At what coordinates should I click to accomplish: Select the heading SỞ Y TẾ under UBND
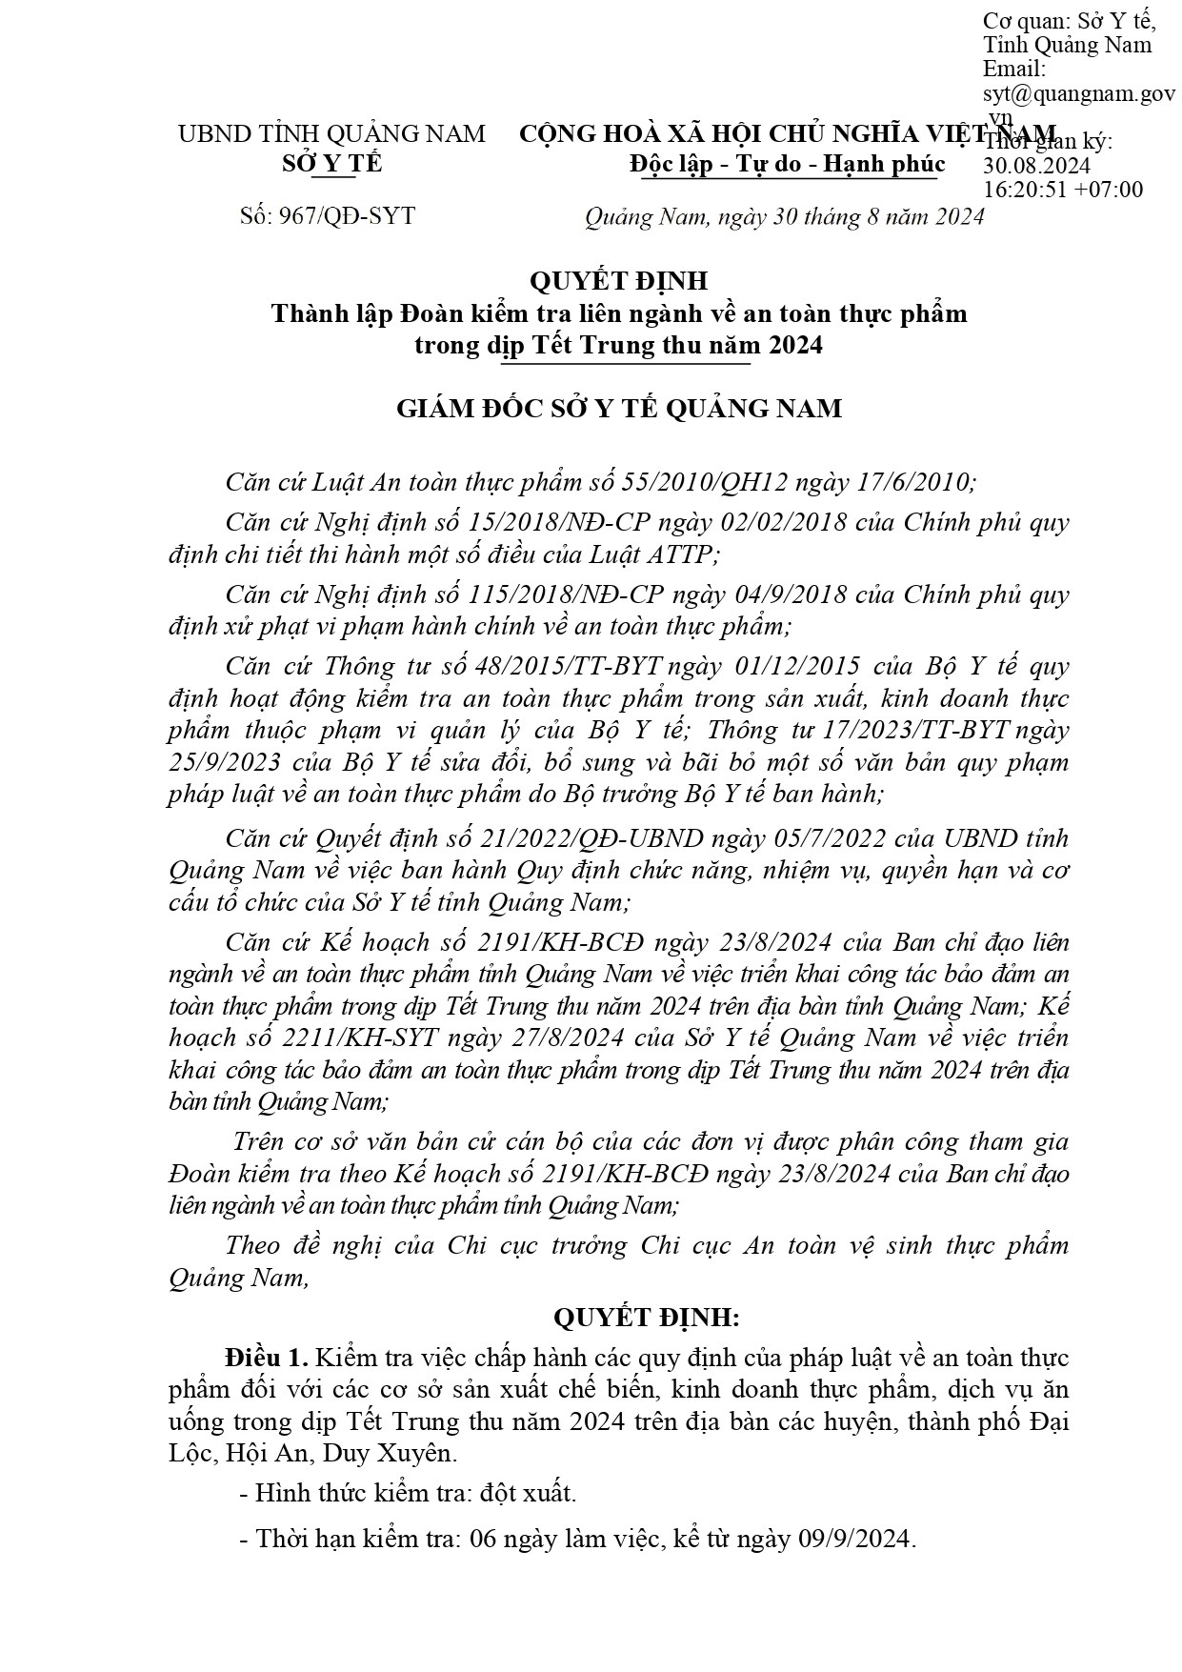click(331, 163)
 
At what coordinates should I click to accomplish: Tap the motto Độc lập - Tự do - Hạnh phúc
click(787, 164)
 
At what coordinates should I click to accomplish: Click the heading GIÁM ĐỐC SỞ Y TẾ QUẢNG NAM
click(619, 409)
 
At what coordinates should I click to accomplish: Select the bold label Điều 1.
click(267, 1357)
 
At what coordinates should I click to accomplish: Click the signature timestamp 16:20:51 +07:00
click(1062, 189)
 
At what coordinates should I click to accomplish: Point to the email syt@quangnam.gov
click(1078, 93)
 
